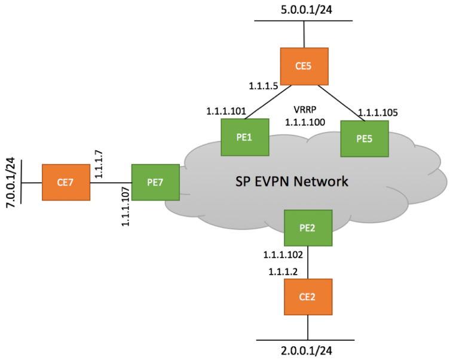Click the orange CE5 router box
(304, 66)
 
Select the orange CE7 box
(66, 182)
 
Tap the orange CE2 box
(308, 297)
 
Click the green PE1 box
(244, 137)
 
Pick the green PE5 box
(364, 139)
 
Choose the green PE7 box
(155, 182)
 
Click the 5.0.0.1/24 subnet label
(304, 10)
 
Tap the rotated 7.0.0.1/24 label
(10, 181)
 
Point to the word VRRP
(305, 110)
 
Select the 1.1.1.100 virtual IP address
(305, 122)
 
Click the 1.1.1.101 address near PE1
(226, 111)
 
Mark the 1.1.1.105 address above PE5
(378, 112)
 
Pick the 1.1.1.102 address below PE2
(283, 255)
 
